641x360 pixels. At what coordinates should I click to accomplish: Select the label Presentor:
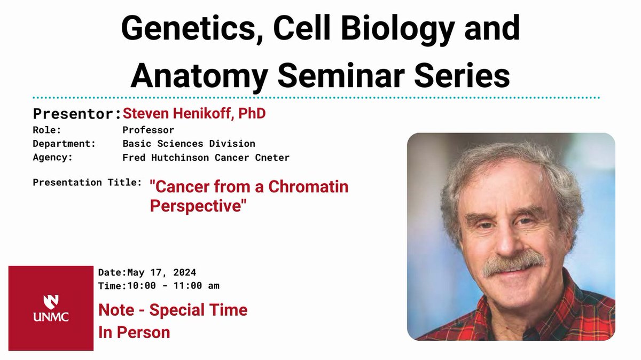tap(77, 114)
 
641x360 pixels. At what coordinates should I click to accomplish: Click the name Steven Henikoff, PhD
tap(194, 114)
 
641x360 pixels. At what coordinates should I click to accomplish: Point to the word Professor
tap(148, 130)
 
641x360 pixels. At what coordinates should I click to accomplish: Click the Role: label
tap(47, 130)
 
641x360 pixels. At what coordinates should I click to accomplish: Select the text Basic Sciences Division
tap(189, 144)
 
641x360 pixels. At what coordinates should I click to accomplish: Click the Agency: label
tap(52, 158)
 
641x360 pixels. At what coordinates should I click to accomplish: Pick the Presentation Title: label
tap(87, 182)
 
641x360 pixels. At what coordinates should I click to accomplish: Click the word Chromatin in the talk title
tap(308, 187)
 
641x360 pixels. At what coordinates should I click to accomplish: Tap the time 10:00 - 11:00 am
tap(171, 286)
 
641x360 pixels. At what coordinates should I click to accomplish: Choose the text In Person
tap(134, 332)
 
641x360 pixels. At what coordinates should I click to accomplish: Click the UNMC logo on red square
tap(51, 308)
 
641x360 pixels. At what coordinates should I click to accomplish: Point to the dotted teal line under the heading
tap(320, 98)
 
